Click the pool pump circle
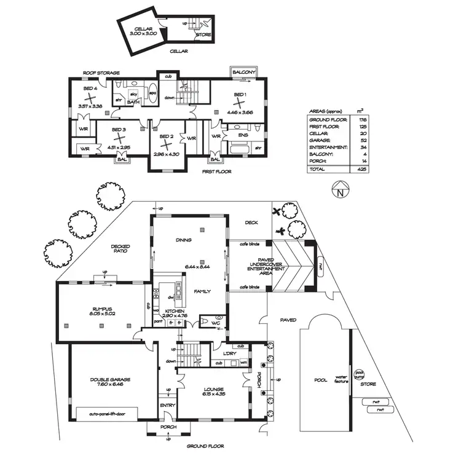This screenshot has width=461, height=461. point(360,374)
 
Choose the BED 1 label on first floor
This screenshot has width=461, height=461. point(240,95)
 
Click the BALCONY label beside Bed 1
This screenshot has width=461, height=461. point(243,73)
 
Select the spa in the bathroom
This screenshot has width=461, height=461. point(152,94)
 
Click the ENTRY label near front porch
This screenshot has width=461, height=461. point(168,405)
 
